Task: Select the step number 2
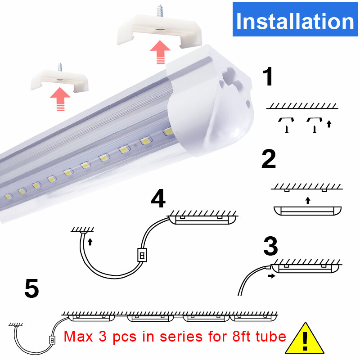(x=269, y=160)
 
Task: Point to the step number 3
(x=270, y=246)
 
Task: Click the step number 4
(x=158, y=199)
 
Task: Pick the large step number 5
(x=31, y=288)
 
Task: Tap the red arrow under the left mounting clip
(x=60, y=99)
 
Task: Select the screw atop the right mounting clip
(x=160, y=11)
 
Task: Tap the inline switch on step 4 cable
(x=142, y=255)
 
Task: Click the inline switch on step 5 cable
(x=52, y=340)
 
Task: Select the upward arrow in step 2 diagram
(x=307, y=200)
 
